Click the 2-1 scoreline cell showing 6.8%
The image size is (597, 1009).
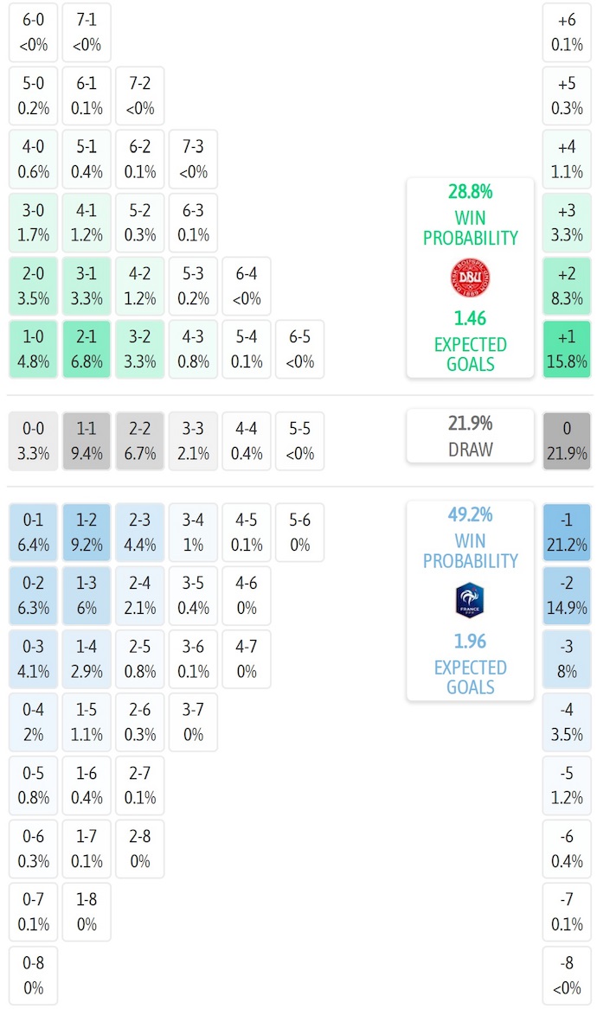(87, 349)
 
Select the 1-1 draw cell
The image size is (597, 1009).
(87, 441)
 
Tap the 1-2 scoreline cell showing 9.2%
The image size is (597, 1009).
(87, 533)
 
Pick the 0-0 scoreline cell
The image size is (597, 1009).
(34, 441)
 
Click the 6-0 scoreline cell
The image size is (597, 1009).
(34, 31)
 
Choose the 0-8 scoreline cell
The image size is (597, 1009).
(34, 976)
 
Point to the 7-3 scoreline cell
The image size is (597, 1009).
(193, 159)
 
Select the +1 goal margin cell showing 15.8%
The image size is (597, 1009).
(567, 349)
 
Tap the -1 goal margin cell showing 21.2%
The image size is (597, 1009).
(567, 533)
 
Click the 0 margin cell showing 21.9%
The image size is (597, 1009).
(567, 441)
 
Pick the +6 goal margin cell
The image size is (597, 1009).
(567, 31)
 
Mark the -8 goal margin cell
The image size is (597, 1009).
(567, 976)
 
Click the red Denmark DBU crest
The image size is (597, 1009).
(471, 278)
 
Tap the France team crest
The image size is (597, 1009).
(470, 601)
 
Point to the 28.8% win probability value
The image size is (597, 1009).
(471, 192)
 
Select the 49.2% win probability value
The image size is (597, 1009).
(471, 515)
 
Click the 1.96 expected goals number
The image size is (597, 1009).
(471, 642)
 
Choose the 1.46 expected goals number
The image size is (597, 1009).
(471, 319)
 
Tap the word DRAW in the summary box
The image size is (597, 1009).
(471, 450)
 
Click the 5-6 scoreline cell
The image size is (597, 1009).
(299, 533)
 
